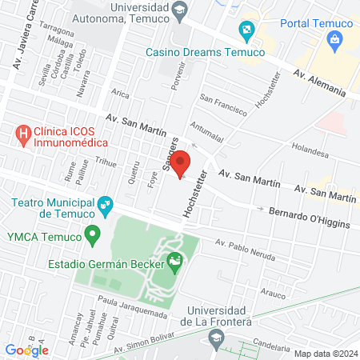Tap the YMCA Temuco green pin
coord(93,236)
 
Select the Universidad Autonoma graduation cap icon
coord(180,10)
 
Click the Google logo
coord(26,350)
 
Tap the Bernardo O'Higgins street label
coord(309,218)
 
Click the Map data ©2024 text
coord(324,353)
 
